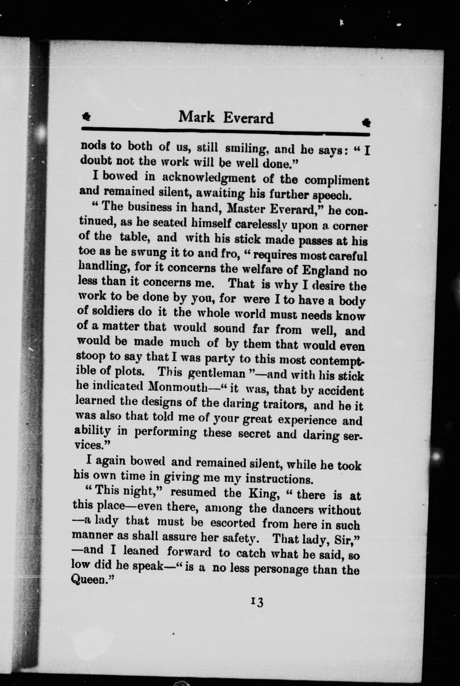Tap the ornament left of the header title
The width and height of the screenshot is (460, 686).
[x=87, y=117]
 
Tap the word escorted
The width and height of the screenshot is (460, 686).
[x=233, y=523]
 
